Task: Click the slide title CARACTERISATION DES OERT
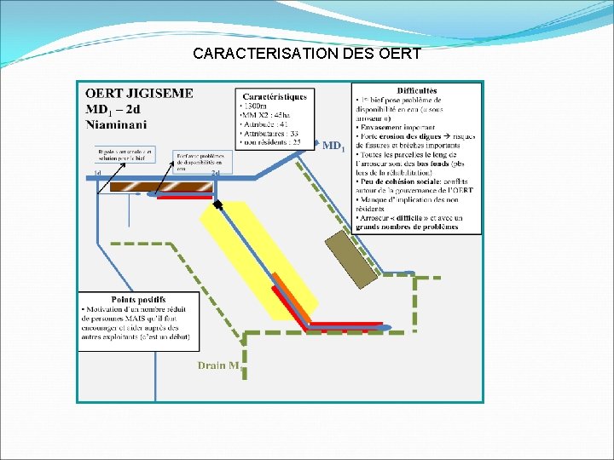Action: pyautogui.click(x=307, y=54)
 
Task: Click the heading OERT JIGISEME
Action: pyautogui.click(x=139, y=93)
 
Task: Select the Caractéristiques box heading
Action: pyautogui.click(x=275, y=95)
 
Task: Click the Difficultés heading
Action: pyautogui.click(x=416, y=90)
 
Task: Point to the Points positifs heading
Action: pyautogui.click(x=113, y=299)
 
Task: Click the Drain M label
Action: pyautogui.click(x=218, y=365)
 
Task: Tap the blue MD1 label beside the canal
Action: pyautogui.click(x=333, y=146)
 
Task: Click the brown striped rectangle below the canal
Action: pyautogui.click(x=159, y=187)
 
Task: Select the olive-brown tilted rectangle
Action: pyautogui.click(x=351, y=257)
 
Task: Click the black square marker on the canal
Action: pyautogui.click(x=218, y=204)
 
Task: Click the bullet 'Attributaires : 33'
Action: pyautogui.click(x=272, y=133)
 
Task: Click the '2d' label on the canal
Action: pyautogui.click(x=216, y=173)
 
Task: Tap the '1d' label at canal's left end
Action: pyautogui.click(x=98, y=173)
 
